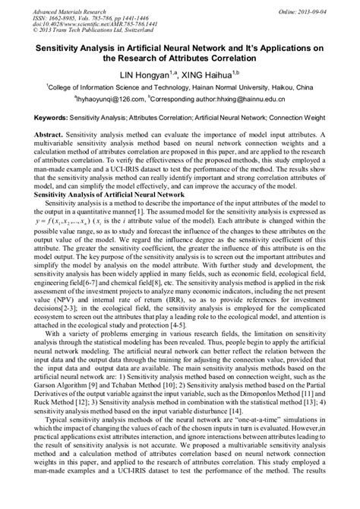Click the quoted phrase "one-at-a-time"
click(x=251, y=420)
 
